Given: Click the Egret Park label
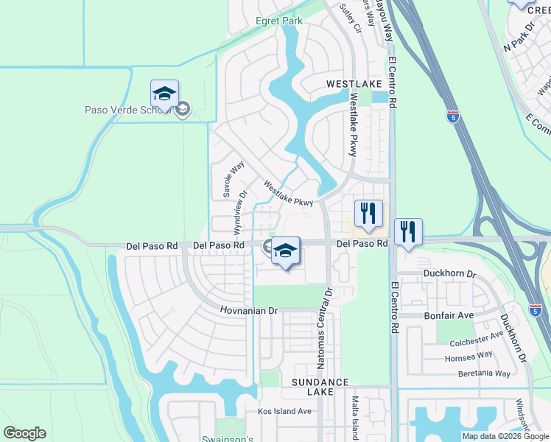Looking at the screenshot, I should coord(279,21).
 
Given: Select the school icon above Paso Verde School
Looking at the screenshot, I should coord(164,94).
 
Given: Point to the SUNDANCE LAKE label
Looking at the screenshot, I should coord(320,387).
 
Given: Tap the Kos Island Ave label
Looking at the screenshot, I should coord(284,411).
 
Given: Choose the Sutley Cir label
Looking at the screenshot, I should coord(351,19).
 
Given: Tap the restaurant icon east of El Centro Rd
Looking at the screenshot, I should coord(407,232).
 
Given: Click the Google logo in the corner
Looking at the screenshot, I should coord(24,433).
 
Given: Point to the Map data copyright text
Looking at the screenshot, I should coord(505,436).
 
